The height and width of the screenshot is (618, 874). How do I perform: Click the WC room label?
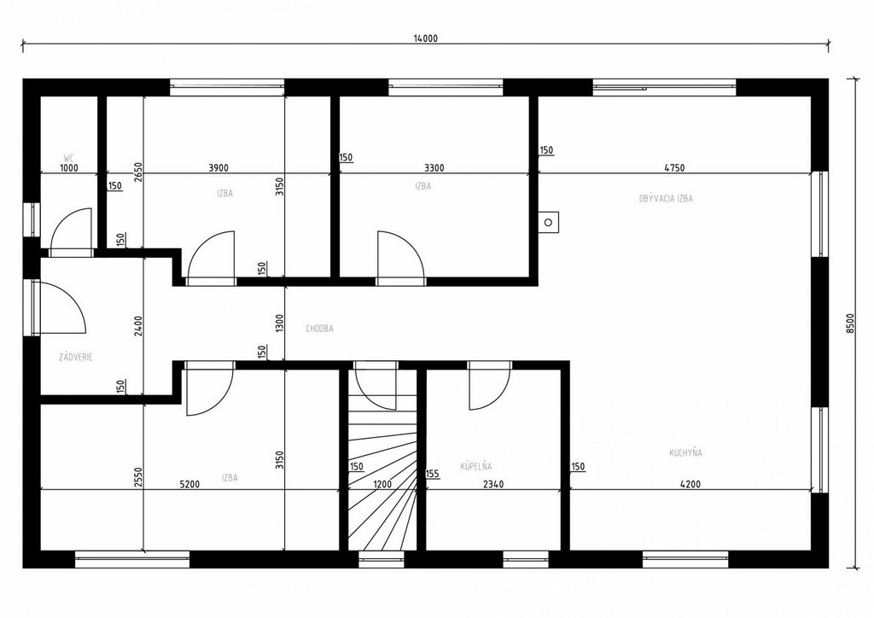coord(68,158)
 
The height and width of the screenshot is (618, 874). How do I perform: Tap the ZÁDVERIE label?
coord(76,357)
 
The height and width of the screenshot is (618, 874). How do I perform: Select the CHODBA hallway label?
coord(319,329)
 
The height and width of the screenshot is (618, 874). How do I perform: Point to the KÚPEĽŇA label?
coord(476,466)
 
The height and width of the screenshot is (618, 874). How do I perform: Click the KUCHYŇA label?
coord(685,452)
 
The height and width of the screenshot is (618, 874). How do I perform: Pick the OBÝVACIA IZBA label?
coord(666,198)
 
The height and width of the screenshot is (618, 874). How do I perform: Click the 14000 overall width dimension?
coord(425,38)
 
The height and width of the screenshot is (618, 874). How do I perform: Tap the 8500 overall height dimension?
coord(850,324)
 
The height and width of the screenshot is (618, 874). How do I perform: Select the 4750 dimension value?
coord(674,167)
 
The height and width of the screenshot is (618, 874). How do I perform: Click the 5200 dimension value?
coord(189,484)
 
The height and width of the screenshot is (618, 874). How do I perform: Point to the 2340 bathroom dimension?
coord(493,484)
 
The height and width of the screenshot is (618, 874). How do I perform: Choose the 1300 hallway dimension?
coord(280,324)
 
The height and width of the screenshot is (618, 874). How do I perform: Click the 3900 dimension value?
coord(218,167)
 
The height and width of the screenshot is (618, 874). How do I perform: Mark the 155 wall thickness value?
coord(432,474)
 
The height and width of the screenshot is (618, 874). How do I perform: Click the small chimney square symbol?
coord(549,222)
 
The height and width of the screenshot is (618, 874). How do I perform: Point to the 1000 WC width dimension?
coord(69,167)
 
